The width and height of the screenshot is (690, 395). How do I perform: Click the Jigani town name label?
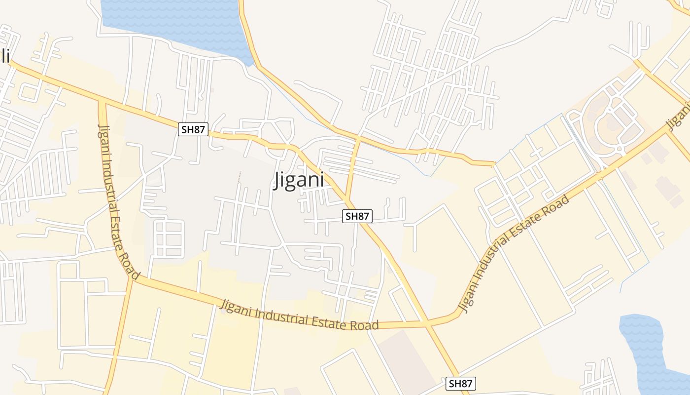[299, 180]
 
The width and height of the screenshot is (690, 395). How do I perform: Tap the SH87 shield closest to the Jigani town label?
[357, 216]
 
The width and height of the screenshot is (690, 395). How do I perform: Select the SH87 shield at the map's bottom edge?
[461, 384]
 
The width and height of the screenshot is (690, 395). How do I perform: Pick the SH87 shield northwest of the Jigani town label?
[193, 130]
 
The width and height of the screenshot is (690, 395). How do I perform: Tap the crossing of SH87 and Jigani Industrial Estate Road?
[427, 324]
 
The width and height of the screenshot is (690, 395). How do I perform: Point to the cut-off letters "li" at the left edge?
[5, 56]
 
